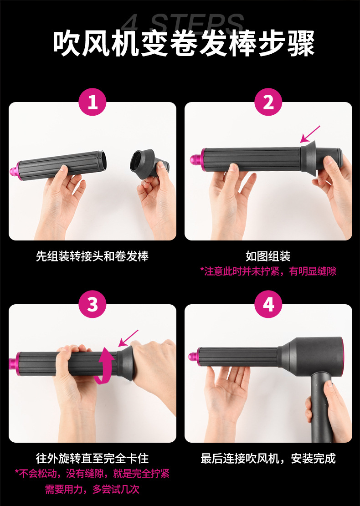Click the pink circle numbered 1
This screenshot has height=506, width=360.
[93, 102]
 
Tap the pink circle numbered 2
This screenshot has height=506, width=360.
[268, 102]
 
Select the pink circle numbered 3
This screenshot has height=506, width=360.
[93, 304]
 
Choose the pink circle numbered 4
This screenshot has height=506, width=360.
[268, 304]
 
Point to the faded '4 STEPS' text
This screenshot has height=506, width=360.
[184, 23]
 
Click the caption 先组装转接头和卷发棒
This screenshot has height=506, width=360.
[93, 256]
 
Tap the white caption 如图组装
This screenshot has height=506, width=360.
[268, 256]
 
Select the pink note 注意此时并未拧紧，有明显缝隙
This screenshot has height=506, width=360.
[268, 271]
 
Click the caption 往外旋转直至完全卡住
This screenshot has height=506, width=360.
[93, 458]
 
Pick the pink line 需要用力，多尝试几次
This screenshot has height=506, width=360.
[93, 489]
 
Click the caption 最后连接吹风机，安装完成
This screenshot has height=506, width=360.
[268, 458]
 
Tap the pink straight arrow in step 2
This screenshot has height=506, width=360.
[310, 134]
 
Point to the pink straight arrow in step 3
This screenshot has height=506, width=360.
[128, 337]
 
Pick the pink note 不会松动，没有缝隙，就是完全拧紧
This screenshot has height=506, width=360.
[93, 474]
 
